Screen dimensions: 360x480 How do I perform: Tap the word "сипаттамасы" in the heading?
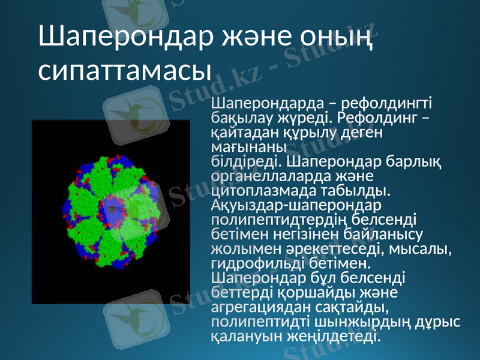[x=125, y=70]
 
